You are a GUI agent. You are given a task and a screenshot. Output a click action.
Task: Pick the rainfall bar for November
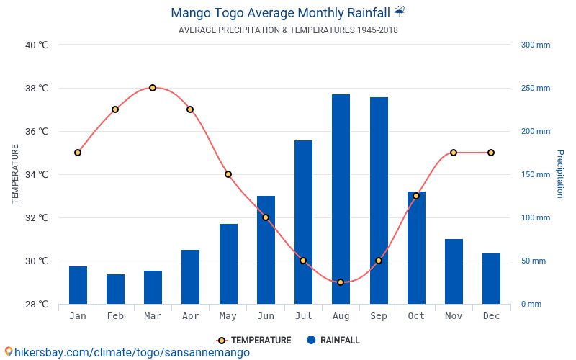coord(454,271)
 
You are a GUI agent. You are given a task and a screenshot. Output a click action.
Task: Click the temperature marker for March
coord(153,88)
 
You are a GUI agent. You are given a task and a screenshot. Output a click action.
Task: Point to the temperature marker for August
coord(341,282)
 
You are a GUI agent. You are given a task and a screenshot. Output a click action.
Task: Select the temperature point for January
coord(78,153)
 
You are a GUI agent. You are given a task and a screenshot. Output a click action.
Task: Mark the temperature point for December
coord(491,153)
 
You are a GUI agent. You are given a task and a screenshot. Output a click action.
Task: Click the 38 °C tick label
coord(36,89)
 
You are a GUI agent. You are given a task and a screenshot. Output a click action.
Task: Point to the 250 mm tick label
coord(535,89)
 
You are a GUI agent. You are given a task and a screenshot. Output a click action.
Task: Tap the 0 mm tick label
coord(531,304)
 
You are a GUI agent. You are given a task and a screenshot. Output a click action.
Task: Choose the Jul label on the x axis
coord(303,316)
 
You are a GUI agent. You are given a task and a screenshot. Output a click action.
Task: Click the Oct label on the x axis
coord(416,316)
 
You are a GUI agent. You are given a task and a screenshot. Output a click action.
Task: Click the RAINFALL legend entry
coord(333,340)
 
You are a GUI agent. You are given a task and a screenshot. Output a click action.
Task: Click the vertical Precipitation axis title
coord(560,174)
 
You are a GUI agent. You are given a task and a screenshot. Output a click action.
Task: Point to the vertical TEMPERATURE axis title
coord(15,174)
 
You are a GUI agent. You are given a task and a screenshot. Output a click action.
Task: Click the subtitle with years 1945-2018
coord(288,30)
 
